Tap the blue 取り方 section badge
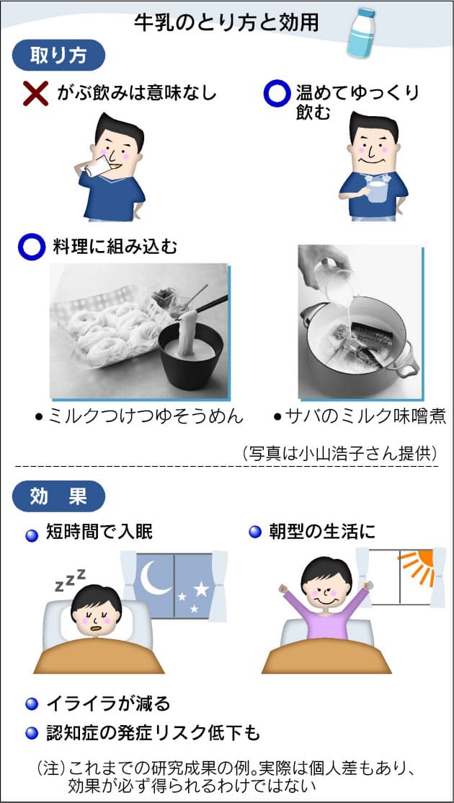[x=58, y=56]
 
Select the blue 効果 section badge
[x=58, y=496]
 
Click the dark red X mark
[x=35, y=95]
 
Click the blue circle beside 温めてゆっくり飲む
[x=276, y=95]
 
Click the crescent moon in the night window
[x=153, y=576]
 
